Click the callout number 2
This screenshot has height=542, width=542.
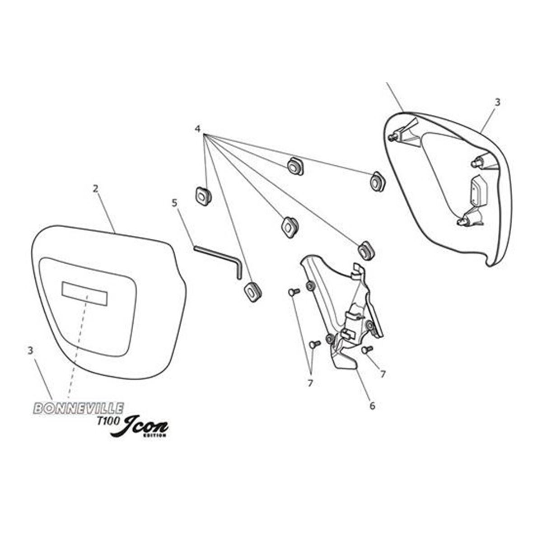pos(95,189)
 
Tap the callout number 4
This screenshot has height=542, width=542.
pos(198,129)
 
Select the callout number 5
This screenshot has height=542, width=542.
pos(175,203)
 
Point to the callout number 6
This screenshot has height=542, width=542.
pos(372,406)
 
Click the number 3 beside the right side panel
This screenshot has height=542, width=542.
pos(498,103)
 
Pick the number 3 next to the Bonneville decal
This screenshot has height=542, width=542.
pos(30,350)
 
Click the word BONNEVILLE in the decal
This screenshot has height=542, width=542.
pos(79,408)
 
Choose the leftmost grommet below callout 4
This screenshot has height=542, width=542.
pos(203,196)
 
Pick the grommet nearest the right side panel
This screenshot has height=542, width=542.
pos(378,182)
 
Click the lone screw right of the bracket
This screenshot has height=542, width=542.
pos(367,350)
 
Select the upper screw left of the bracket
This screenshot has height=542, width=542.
pos(294,292)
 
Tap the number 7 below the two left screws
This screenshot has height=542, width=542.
pos(310,383)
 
